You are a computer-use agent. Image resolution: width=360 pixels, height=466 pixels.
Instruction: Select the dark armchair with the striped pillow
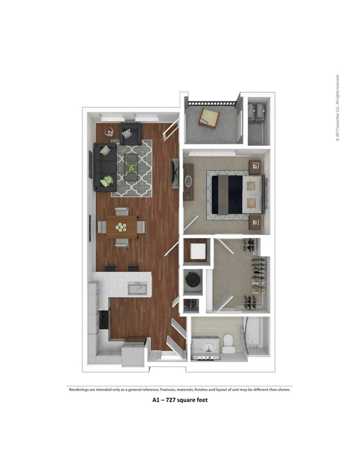130,135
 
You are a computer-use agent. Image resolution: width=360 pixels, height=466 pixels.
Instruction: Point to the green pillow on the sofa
107,180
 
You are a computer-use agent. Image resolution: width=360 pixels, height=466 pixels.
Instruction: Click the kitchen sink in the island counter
135,287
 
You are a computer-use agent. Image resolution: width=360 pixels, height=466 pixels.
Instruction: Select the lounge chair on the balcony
209,116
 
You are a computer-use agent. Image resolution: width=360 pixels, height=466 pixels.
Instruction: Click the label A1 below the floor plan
156,400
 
